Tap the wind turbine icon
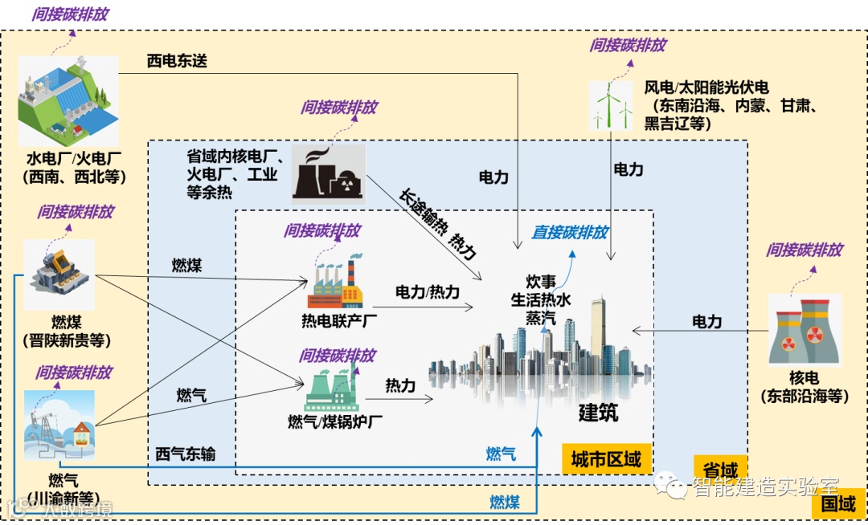click(611, 104)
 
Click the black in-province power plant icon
click(328, 172)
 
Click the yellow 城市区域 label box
click(606, 459)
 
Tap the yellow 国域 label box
click(838, 504)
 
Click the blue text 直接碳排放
click(570, 233)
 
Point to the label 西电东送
click(177, 61)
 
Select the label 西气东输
click(186, 454)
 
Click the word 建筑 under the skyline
click(599, 413)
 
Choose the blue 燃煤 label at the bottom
click(505, 503)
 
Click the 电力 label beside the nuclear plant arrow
click(707, 322)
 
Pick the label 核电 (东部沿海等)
click(805, 386)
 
